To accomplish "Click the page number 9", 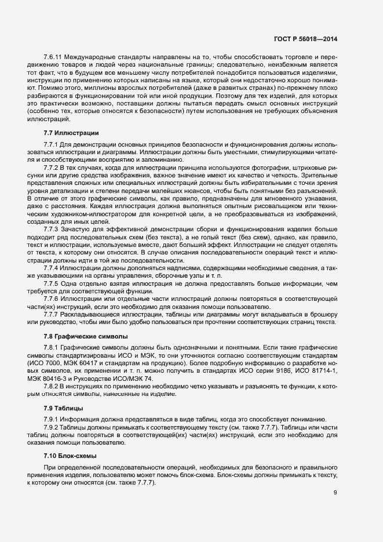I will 335,492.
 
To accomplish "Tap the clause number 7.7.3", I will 52,229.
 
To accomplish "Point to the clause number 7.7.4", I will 52,268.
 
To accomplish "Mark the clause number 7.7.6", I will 52,299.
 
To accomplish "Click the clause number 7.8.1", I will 52,347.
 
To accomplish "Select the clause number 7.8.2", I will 52,385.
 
